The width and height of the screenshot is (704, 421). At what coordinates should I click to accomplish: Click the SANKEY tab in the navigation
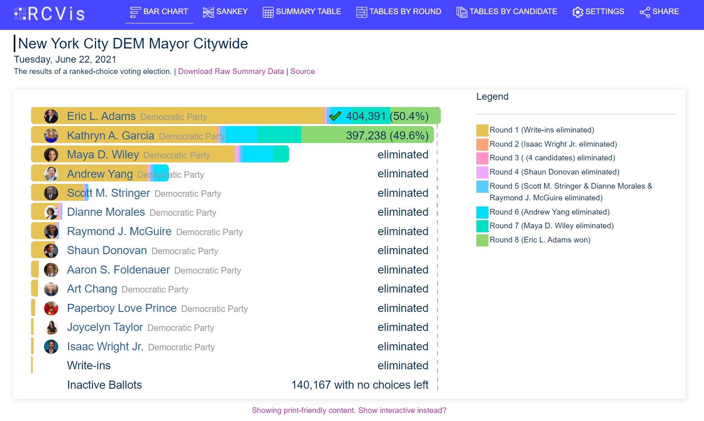(225, 12)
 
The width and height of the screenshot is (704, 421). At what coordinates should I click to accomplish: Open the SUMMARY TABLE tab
(302, 12)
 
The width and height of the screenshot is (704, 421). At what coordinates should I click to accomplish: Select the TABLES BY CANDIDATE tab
(507, 12)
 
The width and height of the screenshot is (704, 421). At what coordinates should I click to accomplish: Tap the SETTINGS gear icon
(578, 12)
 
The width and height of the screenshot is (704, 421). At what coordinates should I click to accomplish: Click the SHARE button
(659, 12)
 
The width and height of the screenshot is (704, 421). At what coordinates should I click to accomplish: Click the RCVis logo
(49, 13)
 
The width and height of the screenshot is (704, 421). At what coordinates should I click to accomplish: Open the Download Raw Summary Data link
(231, 72)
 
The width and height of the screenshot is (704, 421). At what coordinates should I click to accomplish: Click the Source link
(302, 72)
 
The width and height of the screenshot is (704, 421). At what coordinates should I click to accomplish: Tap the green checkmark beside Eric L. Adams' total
(335, 116)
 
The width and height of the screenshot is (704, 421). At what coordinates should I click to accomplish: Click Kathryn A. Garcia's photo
(51, 136)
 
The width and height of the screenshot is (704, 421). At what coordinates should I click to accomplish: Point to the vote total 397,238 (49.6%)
(387, 136)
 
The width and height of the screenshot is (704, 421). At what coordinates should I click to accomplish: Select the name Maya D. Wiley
(103, 155)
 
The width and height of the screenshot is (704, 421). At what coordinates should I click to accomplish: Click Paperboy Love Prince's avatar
(51, 308)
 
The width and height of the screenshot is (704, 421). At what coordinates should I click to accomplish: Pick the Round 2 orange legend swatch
(482, 144)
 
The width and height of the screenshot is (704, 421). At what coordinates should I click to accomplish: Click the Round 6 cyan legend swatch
(482, 212)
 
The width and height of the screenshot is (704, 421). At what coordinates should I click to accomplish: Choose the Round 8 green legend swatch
(482, 240)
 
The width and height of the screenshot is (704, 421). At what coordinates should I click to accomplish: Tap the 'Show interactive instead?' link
(402, 410)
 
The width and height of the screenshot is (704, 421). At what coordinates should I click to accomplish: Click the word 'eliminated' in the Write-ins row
(403, 366)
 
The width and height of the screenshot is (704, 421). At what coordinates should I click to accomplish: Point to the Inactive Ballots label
(105, 385)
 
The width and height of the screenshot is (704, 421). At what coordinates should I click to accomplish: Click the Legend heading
(492, 97)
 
